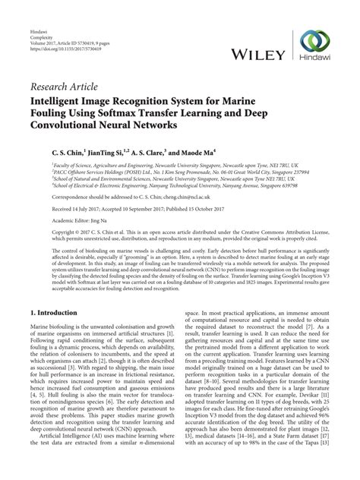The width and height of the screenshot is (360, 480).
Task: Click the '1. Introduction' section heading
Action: [59, 313]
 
